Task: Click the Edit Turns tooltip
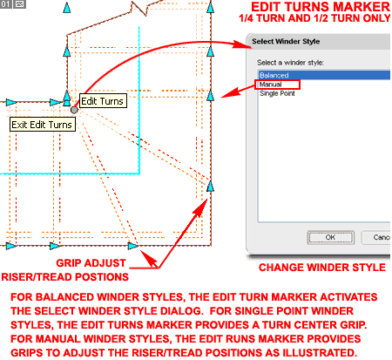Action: pyautogui.click(x=103, y=101)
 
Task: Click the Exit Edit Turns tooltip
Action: pyautogui.click(x=43, y=125)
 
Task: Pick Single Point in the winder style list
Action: pyautogui.click(x=277, y=93)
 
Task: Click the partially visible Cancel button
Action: pyautogui.click(x=376, y=238)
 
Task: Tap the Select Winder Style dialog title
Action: pyautogui.click(x=286, y=42)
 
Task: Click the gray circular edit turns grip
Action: pyautogui.click(x=74, y=110)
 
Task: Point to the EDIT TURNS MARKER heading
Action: pyautogui.click(x=321, y=7)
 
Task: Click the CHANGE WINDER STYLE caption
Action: pyautogui.click(x=322, y=268)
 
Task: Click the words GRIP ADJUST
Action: pyautogui.click(x=91, y=263)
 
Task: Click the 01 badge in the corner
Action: pyautogui.click(x=5, y=4)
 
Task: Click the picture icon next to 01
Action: pyautogui.click(x=19, y=4)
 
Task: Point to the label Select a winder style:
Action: pyautogui.click(x=290, y=63)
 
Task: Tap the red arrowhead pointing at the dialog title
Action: pyautogui.click(x=243, y=44)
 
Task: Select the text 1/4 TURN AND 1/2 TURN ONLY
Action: pyautogui.click(x=314, y=18)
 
